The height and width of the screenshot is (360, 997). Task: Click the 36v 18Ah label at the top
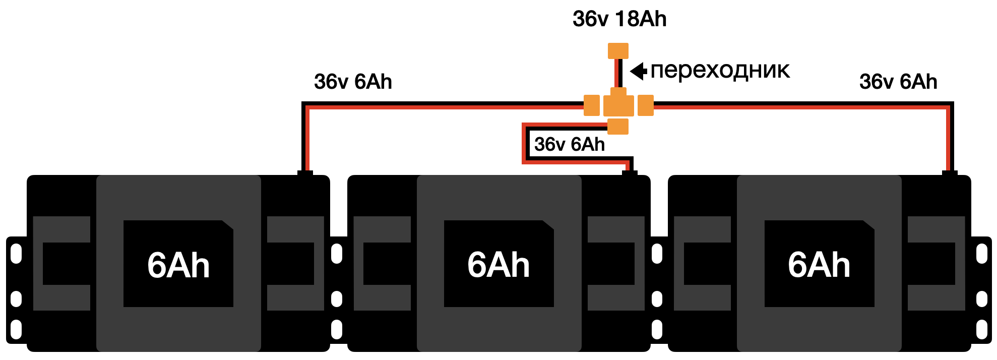pos(619,19)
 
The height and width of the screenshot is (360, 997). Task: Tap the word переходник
pos(720,71)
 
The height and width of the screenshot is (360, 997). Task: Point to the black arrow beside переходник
pos(639,71)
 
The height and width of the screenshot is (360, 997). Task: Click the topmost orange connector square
pos(618,51)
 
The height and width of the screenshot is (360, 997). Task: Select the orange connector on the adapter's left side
pos(592,105)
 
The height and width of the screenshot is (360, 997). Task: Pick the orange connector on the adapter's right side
pos(646,105)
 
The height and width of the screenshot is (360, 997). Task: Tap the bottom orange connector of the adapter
pos(618,126)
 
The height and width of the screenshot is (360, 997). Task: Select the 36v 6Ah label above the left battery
pos(353,82)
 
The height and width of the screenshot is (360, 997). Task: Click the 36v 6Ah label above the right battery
pos(898,82)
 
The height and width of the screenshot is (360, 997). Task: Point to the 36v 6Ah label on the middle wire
pos(570,145)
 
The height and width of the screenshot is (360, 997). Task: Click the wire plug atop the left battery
pos(305,173)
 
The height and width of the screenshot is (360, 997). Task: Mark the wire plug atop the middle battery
pos(630,173)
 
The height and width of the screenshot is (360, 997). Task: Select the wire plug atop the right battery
pos(950,173)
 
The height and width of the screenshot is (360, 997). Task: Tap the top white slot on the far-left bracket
pos(17,254)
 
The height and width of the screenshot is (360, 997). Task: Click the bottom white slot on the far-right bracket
pos(981,330)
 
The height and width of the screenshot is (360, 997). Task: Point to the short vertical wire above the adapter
pos(618,73)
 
